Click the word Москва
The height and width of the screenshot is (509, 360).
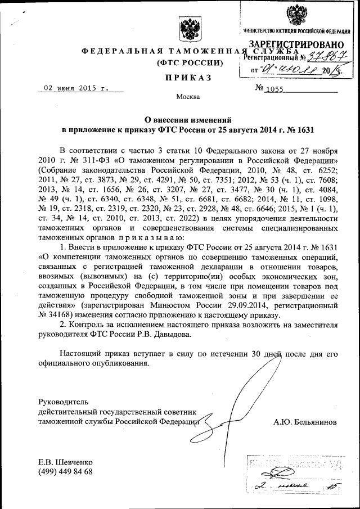tap(188, 97)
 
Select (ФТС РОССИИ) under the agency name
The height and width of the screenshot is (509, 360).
tap(188, 62)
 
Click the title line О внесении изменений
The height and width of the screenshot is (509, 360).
tap(187, 119)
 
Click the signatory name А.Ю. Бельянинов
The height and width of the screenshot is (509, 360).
tap(305, 421)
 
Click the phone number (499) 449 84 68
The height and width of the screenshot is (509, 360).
tap(65, 471)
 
